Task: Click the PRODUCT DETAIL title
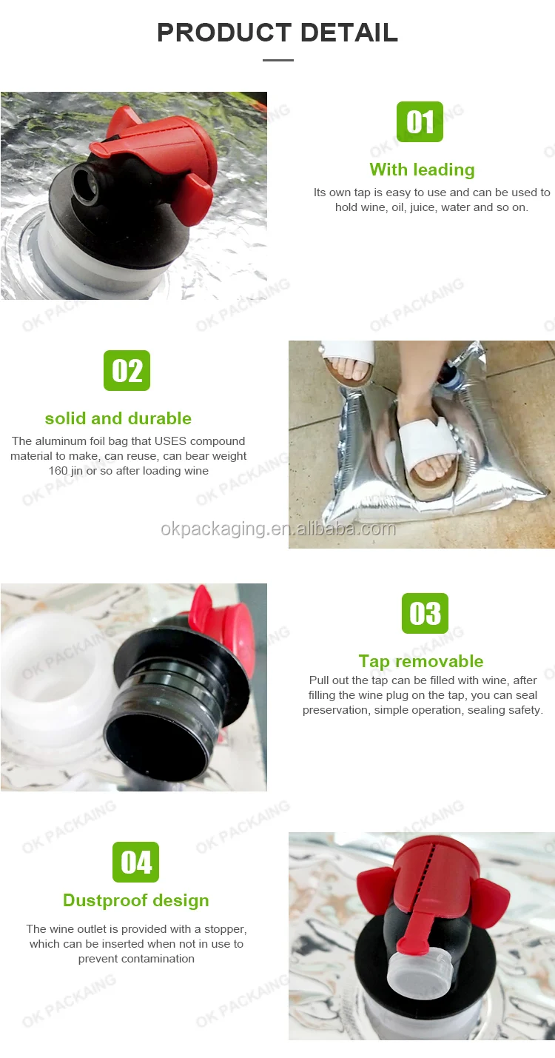click(x=277, y=33)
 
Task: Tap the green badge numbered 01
click(x=420, y=121)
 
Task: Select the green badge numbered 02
click(x=127, y=370)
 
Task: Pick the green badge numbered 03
click(x=425, y=613)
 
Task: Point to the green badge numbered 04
click(x=135, y=862)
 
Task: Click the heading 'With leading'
click(x=422, y=170)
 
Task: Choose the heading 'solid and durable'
click(x=118, y=418)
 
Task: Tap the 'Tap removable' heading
click(x=420, y=661)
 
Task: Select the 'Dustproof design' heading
click(x=136, y=900)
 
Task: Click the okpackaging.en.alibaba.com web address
click(x=278, y=529)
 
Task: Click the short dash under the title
click(x=277, y=60)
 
